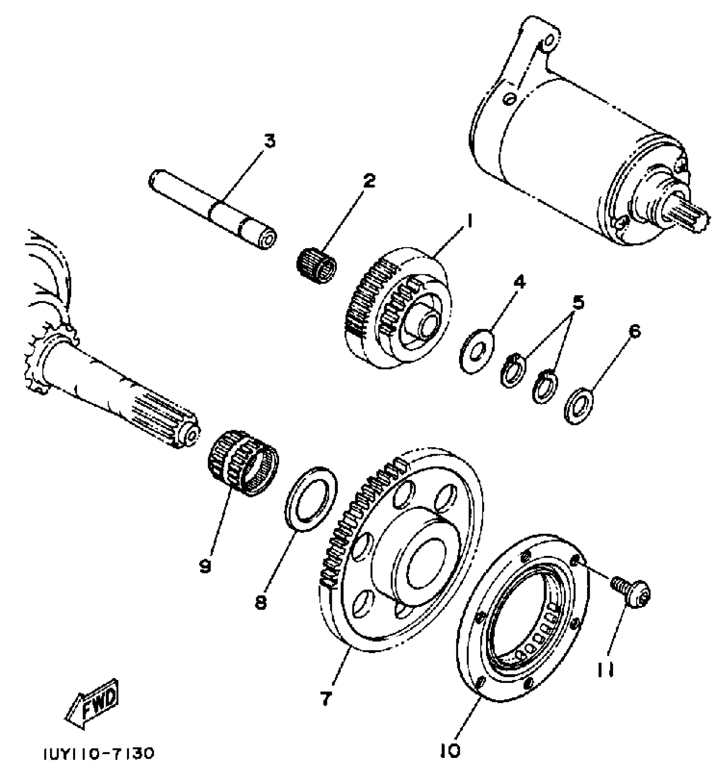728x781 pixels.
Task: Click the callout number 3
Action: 269,141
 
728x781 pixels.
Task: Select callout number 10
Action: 449,749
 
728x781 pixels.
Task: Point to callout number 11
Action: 605,670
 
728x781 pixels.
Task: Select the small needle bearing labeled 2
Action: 316,264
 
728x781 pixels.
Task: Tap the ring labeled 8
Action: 311,499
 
